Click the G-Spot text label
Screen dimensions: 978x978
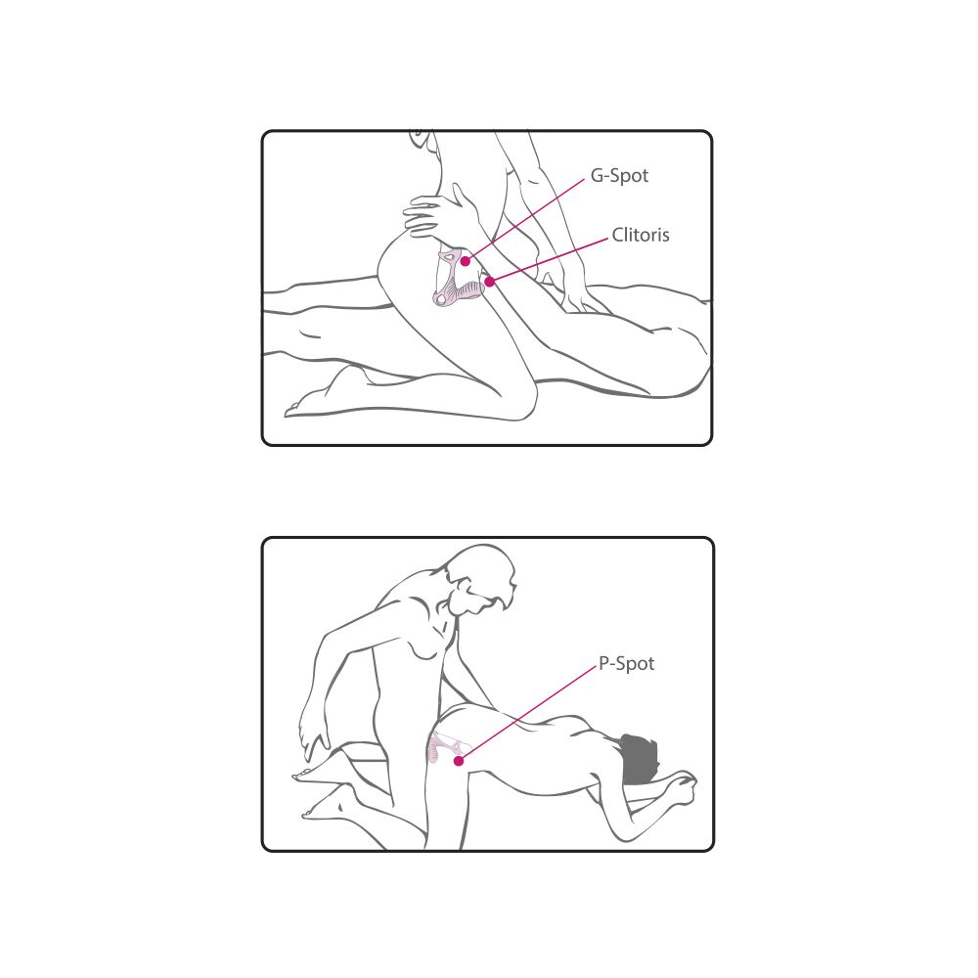pyautogui.click(x=619, y=176)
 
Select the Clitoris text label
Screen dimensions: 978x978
pyautogui.click(x=641, y=235)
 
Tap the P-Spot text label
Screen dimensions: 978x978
pyautogui.click(x=626, y=664)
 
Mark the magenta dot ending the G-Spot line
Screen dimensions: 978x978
pyautogui.click(x=465, y=261)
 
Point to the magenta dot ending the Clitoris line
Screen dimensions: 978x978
pyautogui.click(x=490, y=282)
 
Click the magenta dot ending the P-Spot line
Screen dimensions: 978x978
pyautogui.click(x=459, y=760)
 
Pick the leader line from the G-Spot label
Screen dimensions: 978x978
pyautogui.click(x=525, y=219)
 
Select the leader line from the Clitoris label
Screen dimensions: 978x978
pyautogui.click(x=549, y=260)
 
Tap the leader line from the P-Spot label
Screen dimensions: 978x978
pyautogui.click(x=528, y=713)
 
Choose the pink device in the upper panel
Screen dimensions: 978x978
pyautogui.click(x=459, y=279)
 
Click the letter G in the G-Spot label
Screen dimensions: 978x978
pyautogui.click(x=597, y=176)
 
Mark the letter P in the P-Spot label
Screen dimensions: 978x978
pyautogui.click(x=603, y=664)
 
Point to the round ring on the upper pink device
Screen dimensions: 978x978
pyautogui.click(x=442, y=300)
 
